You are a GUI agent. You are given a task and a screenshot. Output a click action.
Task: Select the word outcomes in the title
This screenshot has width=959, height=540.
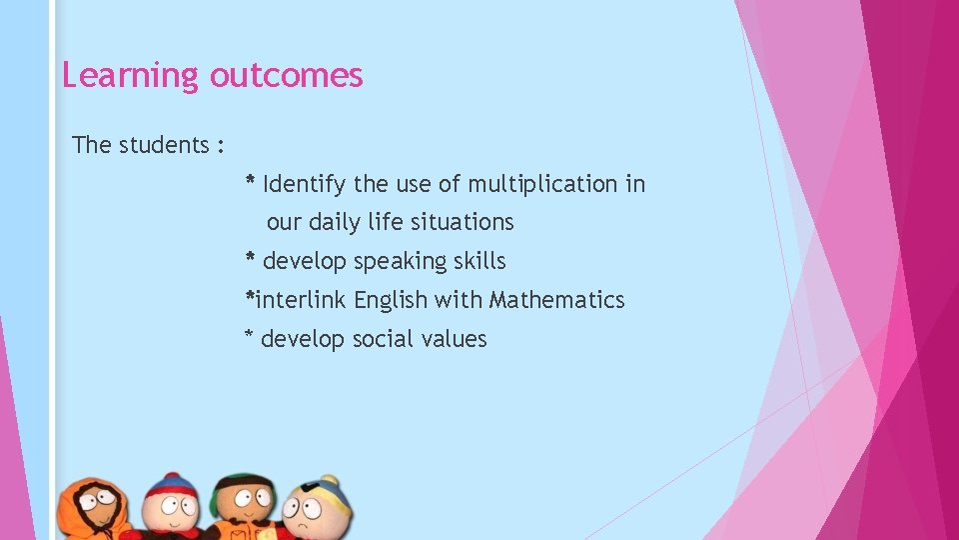point(286,75)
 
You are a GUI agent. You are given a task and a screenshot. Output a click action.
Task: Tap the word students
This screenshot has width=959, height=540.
point(164,145)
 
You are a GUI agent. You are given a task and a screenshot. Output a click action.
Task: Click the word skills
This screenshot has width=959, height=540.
point(479,261)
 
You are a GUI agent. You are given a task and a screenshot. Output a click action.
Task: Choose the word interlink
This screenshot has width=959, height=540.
point(302,300)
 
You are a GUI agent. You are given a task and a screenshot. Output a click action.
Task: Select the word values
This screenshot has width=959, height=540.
point(454,339)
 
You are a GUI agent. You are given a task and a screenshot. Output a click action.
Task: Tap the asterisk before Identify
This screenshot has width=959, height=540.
point(251,182)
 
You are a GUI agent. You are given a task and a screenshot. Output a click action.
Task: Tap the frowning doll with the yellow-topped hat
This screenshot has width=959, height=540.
point(318,510)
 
